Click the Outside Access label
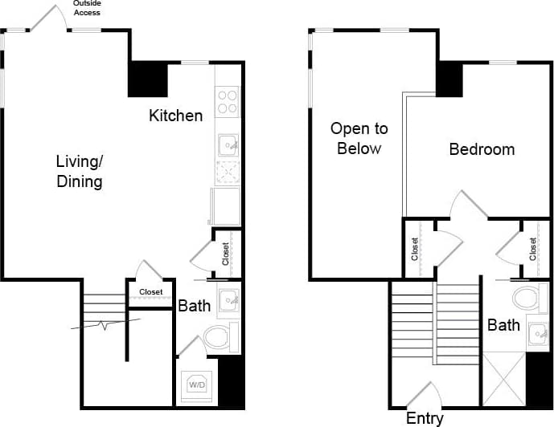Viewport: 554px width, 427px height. coord(88,8)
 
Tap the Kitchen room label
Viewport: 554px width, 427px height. coord(175,116)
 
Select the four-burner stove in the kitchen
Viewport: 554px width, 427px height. coord(228,101)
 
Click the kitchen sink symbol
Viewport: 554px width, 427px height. coord(228,145)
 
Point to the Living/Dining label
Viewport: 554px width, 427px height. coord(79,171)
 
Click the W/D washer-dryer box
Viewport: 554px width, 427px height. coord(196,385)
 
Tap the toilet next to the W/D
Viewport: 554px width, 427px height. coord(220,337)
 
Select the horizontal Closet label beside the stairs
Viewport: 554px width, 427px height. coord(150,292)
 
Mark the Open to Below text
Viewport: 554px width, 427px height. coord(358,138)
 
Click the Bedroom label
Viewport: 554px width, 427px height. coord(482,149)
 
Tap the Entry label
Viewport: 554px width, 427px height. coord(425,418)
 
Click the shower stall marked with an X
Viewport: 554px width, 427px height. coord(504,378)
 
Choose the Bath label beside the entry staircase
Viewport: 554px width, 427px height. coord(503,325)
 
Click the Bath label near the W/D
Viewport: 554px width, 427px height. coord(194,305)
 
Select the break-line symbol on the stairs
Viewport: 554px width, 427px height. coord(105,324)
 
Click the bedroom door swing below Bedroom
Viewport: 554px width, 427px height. coord(467,205)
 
